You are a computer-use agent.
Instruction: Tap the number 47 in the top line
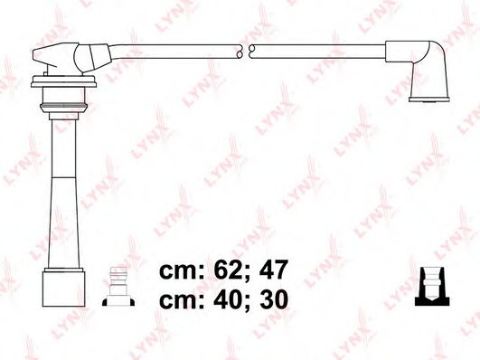tap(273, 270)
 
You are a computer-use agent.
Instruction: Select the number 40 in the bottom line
tap(225, 299)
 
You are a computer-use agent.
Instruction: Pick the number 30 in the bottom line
tap(274, 299)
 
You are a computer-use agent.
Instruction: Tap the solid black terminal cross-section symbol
tap(432, 286)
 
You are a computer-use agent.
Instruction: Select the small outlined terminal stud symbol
tap(118, 286)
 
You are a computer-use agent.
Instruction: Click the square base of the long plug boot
tap(63, 288)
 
